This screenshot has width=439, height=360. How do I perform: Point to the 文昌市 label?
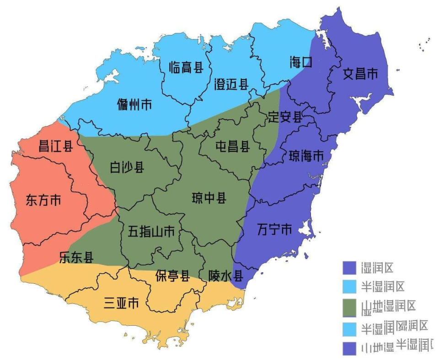point(361,74)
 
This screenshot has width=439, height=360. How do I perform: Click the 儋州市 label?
point(134,105)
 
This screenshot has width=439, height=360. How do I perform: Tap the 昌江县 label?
point(55,147)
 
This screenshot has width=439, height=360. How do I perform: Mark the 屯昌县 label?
point(232,147)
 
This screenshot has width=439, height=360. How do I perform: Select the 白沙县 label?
point(127,167)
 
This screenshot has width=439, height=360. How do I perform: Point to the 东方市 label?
point(44,200)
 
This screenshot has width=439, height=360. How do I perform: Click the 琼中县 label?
point(209,198)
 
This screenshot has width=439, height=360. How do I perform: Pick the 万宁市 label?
point(274,229)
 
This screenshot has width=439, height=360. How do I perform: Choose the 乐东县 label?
point(76,257)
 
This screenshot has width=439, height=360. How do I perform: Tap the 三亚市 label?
point(121,302)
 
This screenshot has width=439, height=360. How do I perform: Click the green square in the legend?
point(349,307)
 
